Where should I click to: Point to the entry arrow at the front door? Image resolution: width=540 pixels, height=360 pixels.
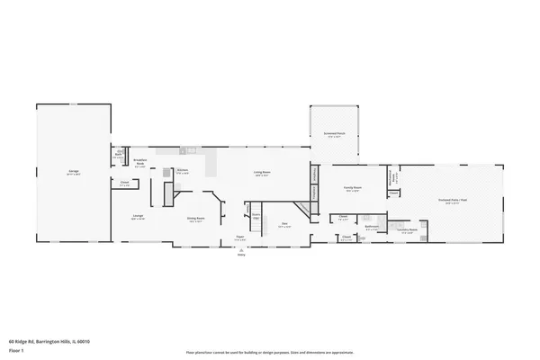(x=240, y=249)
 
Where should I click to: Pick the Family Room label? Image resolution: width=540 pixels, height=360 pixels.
(x=352, y=187)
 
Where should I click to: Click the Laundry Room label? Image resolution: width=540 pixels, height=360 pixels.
(x=407, y=229)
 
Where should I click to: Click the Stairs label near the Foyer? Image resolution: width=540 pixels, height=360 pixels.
(x=256, y=215)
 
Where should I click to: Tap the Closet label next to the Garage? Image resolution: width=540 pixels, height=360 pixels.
(x=124, y=183)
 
